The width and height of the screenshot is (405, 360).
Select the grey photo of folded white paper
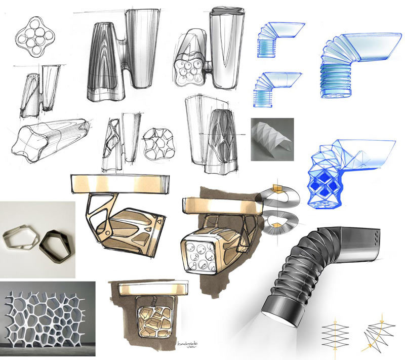click(x=272, y=139)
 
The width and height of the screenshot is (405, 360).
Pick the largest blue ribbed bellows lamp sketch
click(x=354, y=66)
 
